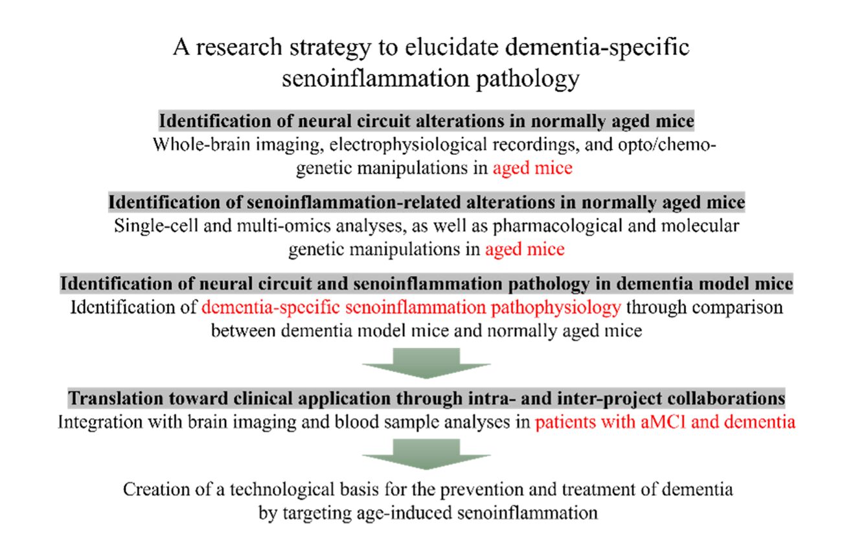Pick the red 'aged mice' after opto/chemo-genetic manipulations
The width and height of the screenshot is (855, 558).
(532, 169)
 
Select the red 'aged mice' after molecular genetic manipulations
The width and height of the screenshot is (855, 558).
(525, 250)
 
